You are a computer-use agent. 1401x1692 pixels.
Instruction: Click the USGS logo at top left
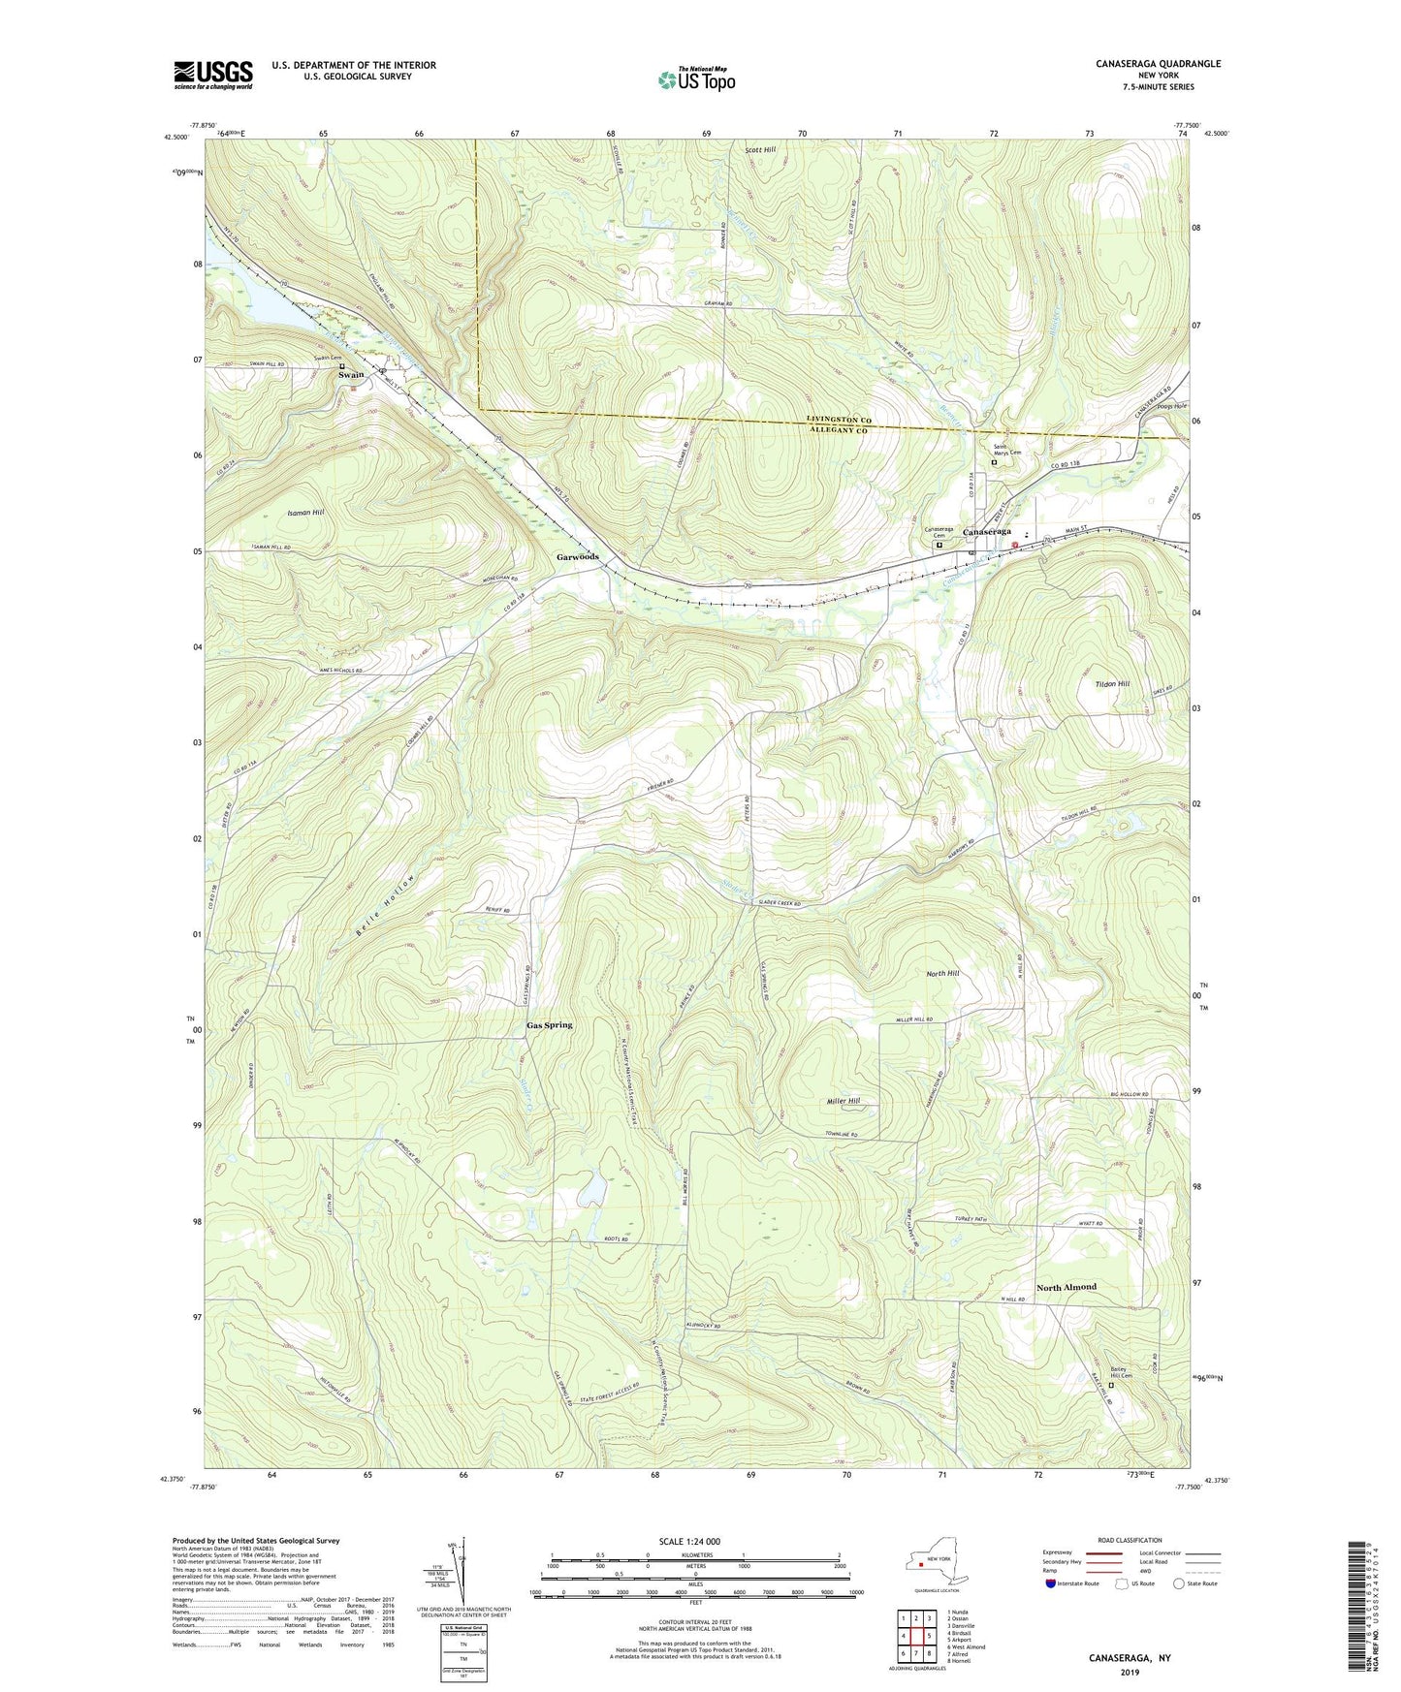click(212, 75)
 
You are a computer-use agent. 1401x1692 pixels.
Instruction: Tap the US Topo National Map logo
click(695, 79)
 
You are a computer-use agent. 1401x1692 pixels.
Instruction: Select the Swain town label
click(351, 375)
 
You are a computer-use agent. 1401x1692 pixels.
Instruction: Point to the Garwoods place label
click(577, 557)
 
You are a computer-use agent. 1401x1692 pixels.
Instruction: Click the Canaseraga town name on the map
click(986, 532)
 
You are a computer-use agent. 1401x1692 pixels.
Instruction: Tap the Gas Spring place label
click(549, 1024)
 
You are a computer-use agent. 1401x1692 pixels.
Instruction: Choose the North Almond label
click(1066, 1287)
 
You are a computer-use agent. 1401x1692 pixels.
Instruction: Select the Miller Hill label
click(842, 1101)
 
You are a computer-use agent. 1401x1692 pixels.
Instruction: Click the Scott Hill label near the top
click(760, 150)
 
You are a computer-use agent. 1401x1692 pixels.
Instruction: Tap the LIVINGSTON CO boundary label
click(840, 420)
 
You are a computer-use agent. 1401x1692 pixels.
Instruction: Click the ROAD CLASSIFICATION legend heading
click(1130, 1540)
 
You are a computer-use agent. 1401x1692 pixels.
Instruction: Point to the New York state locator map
click(936, 1561)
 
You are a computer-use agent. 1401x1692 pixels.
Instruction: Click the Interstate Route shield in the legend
click(1052, 1584)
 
